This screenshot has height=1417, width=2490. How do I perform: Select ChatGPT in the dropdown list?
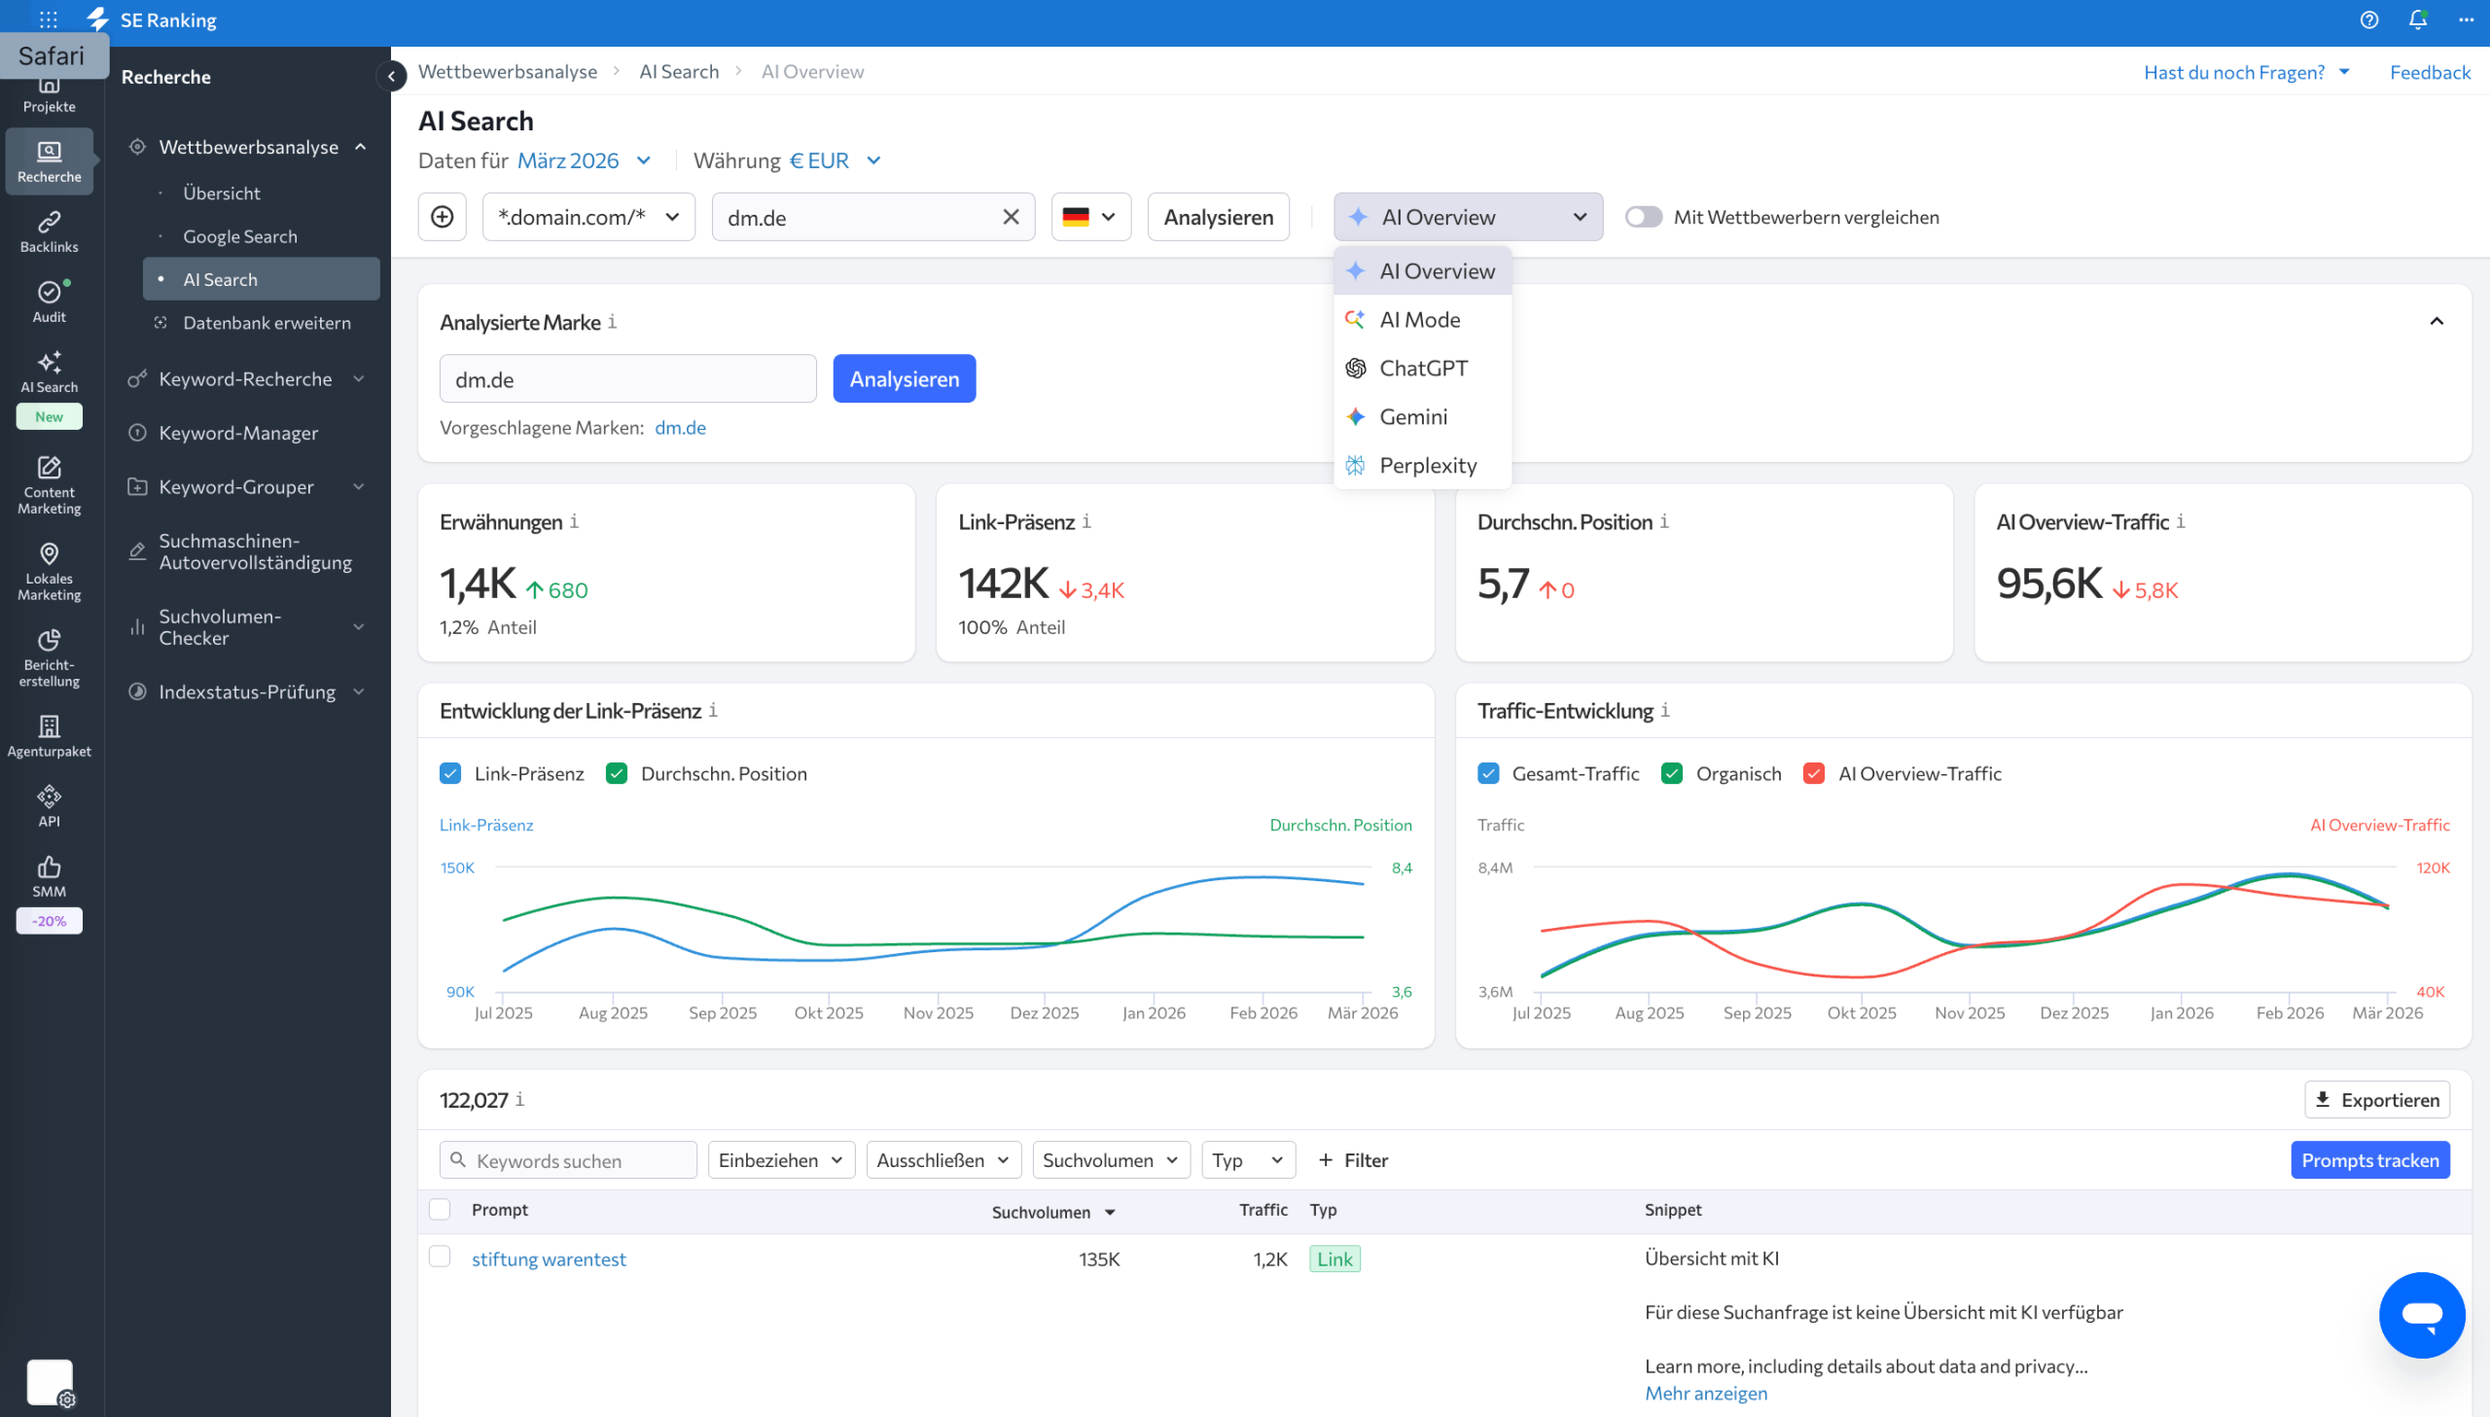1423,368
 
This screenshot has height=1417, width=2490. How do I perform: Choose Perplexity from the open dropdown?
1427,465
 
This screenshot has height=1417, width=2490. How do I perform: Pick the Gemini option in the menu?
1413,416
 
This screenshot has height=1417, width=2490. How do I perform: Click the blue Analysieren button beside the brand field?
903,378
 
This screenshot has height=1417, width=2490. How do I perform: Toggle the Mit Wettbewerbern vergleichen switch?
1643,217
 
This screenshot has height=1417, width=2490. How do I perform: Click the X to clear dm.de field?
1010,217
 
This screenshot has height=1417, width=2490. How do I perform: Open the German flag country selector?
1089,217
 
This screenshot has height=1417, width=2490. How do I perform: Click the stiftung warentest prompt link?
548,1258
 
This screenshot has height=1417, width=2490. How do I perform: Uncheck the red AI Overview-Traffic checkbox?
1813,774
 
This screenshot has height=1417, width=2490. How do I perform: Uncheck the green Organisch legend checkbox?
1671,774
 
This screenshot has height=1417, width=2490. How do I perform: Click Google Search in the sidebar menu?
239,236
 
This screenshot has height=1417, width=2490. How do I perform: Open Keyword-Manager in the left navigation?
237,433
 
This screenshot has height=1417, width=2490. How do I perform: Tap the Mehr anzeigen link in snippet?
1705,1393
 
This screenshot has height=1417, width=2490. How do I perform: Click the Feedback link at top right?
2429,72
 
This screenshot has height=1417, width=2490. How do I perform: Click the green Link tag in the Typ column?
1334,1258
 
